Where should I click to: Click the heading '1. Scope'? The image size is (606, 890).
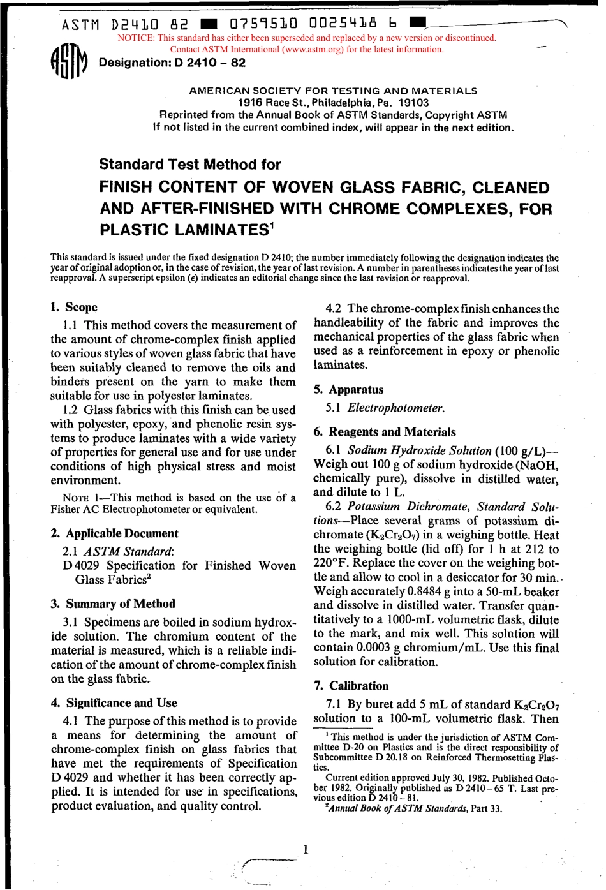pos(74,307)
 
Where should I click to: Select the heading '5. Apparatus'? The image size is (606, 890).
pos(349,389)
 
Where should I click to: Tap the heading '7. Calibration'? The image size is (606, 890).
pos(351,686)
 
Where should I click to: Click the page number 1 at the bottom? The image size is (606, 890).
pos(306,849)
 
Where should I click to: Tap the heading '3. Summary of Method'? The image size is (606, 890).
pos(113,604)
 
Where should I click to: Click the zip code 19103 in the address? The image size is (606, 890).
pos(413,102)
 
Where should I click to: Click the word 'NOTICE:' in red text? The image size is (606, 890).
pos(136,38)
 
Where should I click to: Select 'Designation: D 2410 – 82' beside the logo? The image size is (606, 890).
pos(172,63)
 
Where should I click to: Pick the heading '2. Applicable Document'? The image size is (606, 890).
pos(114,533)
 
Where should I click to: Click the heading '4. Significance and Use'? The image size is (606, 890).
pos(114,703)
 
